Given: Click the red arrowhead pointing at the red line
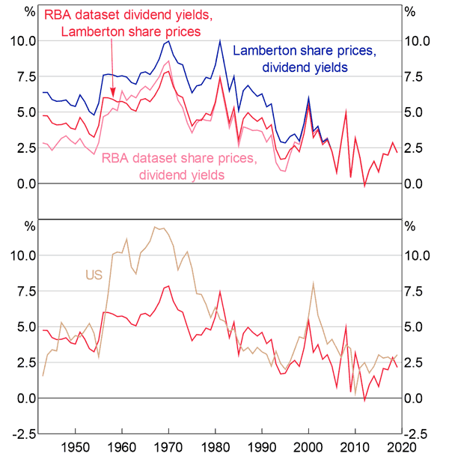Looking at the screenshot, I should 112,93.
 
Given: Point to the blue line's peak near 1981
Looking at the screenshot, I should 220,40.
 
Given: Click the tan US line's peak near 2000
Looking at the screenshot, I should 313,282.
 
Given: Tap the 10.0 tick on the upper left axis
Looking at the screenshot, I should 23,41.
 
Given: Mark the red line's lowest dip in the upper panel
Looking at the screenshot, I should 365,186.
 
